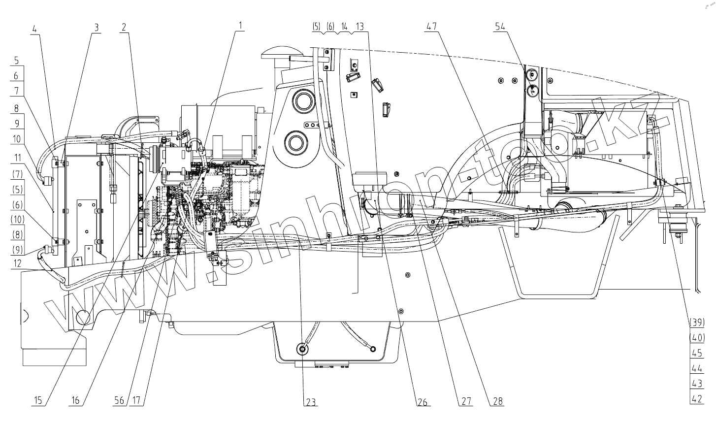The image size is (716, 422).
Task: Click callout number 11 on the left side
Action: pos(18,158)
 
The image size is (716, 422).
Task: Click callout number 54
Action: pos(500,27)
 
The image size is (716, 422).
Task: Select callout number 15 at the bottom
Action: pos(38,401)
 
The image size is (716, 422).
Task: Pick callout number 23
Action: pos(310,401)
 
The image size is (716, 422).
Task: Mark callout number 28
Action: pos(498,401)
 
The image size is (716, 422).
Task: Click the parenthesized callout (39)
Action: pos(697,323)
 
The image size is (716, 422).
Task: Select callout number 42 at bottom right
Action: pos(697,399)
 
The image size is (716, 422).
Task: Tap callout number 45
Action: pos(697,353)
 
